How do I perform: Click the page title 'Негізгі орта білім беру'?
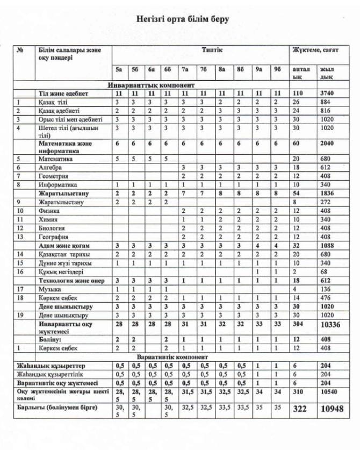(x=183, y=19)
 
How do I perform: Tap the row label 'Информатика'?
(x=57, y=184)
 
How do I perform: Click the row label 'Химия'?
(x=49, y=220)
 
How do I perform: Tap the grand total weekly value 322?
(x=300, y=409)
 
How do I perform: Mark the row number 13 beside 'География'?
(x=19, y=237)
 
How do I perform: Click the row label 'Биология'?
(x=53, y=228)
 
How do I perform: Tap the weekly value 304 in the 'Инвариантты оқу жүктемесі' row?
(x=298, y=325)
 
